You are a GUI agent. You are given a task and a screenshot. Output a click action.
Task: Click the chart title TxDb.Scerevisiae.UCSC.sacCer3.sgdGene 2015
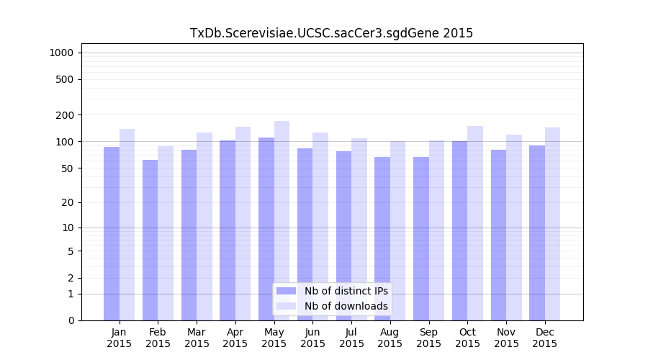331,33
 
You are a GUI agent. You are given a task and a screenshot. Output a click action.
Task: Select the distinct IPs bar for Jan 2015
112,234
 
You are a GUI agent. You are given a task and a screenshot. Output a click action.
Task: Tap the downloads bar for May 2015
282,220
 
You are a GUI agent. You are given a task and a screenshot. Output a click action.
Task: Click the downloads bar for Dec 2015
552,224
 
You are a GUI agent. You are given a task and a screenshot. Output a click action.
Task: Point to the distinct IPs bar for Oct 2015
459,230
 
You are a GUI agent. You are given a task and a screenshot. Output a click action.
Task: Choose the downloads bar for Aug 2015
397,230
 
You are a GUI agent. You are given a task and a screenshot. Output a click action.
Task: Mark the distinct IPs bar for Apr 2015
228,230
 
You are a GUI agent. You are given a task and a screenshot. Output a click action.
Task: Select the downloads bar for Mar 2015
204,226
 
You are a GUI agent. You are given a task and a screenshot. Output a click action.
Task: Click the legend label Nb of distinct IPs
346,291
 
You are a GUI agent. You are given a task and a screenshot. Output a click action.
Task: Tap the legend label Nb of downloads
346,306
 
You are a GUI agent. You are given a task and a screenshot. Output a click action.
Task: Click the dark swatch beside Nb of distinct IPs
286,291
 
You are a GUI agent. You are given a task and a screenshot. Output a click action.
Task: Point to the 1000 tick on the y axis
60,53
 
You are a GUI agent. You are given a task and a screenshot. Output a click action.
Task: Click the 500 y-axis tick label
63,79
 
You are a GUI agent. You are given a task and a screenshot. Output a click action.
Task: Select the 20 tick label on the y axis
66,202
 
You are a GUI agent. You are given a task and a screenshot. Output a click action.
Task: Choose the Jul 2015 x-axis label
351,338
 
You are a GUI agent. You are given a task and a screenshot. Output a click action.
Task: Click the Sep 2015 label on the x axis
428,338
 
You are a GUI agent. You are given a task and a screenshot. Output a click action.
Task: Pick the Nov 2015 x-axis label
506,338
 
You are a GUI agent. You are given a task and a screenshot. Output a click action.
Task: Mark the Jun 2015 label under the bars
312,338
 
